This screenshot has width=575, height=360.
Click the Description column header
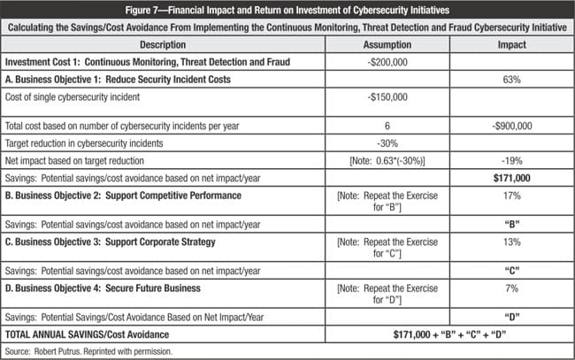pos(162,45)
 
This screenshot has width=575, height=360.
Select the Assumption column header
pos(387,45)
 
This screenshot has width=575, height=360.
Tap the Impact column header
pos(510,45)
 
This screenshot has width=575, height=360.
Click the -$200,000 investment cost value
pos(387,62)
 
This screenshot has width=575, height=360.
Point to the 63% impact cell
pos(510,79)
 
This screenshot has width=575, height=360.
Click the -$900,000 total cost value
pos(510,126)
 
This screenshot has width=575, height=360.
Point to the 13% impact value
pos(510,241)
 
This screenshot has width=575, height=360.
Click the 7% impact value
pos(510,287)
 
